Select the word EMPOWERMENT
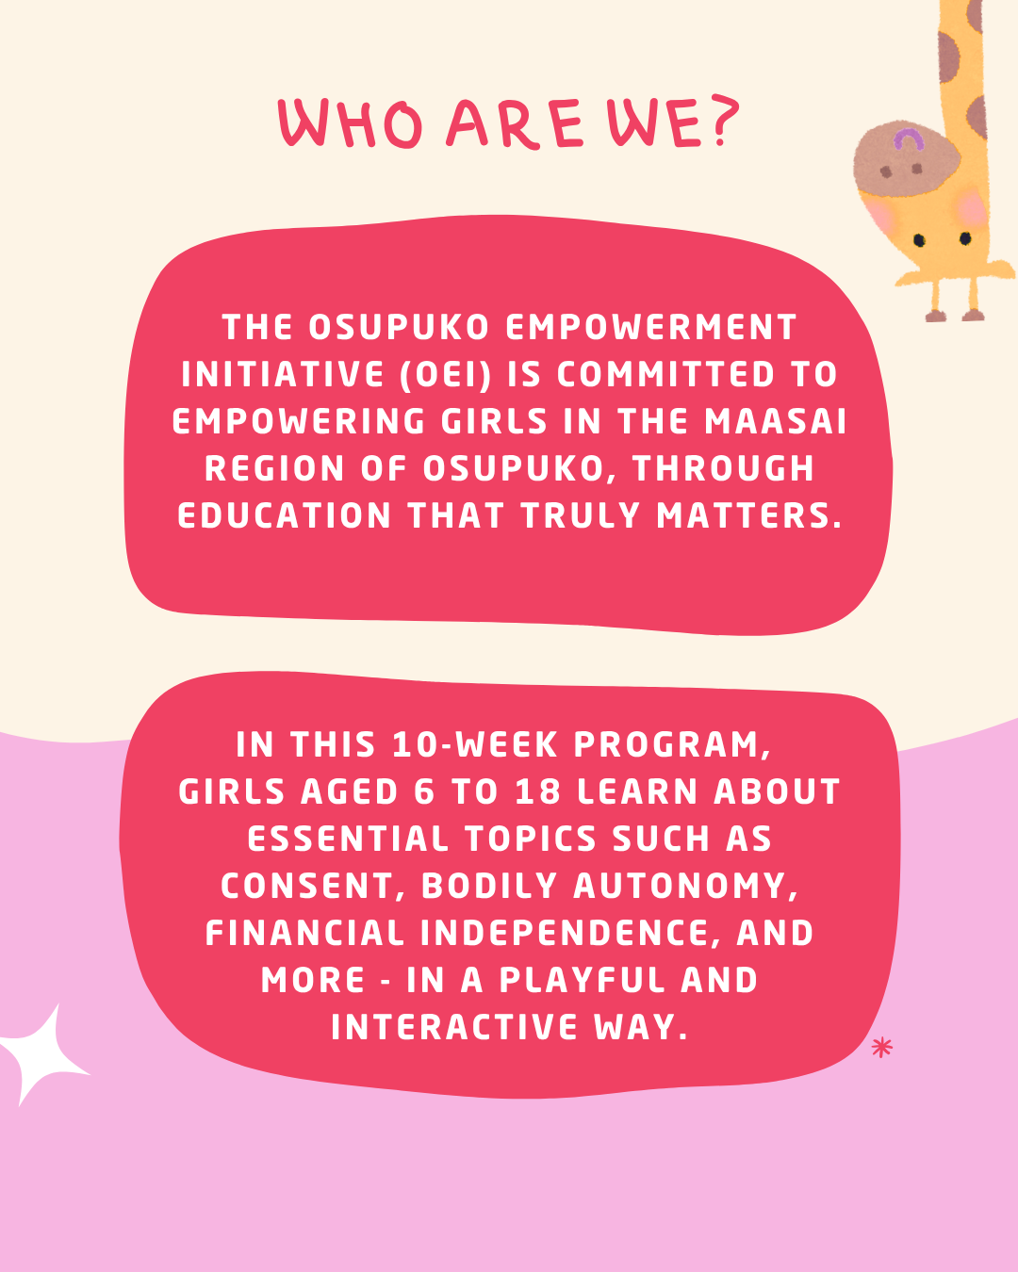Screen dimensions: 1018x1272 coord(651,327)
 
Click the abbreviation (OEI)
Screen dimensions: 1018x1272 coord(446,374)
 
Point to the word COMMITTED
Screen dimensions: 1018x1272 coord(665,374)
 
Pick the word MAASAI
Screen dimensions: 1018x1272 coord(776,421)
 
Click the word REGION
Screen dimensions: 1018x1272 coord(274,468)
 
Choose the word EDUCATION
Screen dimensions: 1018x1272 coord(284,515)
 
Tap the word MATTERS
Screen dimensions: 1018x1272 coord(749,515)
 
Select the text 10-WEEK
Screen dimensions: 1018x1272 coord(475,744)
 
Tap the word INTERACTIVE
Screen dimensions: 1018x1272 coord(454,1027)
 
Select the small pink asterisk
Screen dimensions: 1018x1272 coord(881,1048)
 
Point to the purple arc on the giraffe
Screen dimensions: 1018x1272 coord(908,140)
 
